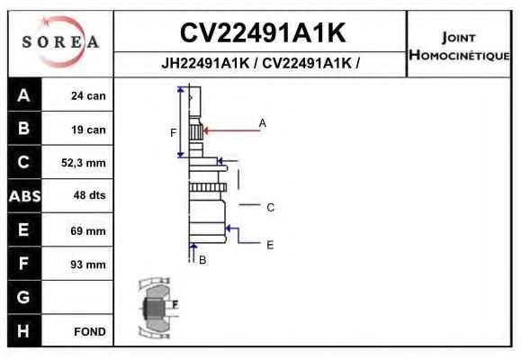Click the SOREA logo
click(59, 42)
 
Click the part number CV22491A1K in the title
click(262, 33)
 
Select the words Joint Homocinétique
click(460, 46)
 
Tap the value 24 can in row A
click(89, 95)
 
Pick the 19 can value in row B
click(89, 130)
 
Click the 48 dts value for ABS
click(89, 197)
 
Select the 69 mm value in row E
click(89, 231)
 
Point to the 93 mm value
click(89, 265)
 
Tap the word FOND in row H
click(89, 331)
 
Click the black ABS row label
click(23, 196)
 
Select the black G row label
click(23, 297)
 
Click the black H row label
click(23, 330)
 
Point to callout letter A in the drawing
click(263, 122)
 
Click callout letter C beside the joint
click(270, 207)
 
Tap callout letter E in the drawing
click(270, 244)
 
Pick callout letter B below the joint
click(202, 260)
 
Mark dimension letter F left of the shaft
click(174, 133)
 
